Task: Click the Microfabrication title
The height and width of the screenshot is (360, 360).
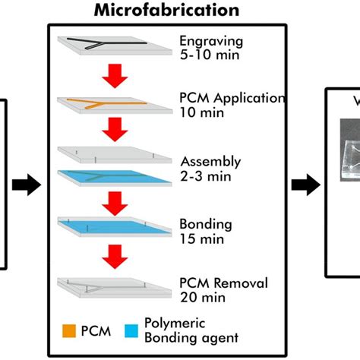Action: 165,11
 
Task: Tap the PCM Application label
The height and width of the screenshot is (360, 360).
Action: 232,98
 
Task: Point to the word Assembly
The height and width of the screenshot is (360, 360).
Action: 210,161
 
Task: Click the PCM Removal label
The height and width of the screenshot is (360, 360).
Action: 224,283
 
